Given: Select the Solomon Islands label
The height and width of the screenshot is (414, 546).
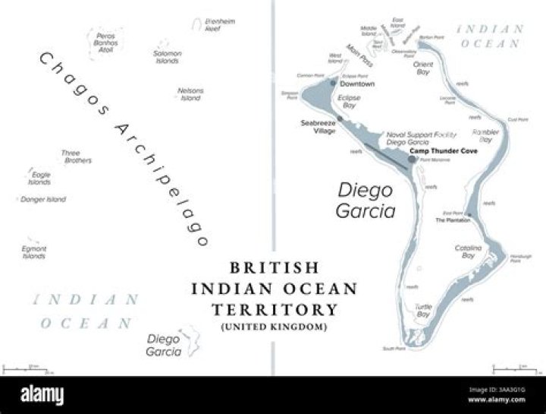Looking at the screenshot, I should (167, 57).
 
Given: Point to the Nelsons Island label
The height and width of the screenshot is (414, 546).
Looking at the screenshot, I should (190, 94).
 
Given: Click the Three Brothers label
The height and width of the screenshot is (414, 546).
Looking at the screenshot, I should (77, 157).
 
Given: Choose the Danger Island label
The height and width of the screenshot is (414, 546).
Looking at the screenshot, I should (43, 200).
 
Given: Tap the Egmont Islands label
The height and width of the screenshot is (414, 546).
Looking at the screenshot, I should (33, 252).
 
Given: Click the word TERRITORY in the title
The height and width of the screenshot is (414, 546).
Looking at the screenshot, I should (275, 310).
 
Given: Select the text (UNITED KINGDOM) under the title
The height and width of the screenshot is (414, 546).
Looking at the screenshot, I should (275, 327).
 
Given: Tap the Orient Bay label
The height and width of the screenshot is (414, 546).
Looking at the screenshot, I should (423, 69).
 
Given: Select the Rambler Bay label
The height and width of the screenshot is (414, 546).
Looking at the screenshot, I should (485, 135).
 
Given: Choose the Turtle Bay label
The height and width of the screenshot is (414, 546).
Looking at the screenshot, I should (422, 310).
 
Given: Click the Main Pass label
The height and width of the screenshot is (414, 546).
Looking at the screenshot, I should (358, 57).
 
